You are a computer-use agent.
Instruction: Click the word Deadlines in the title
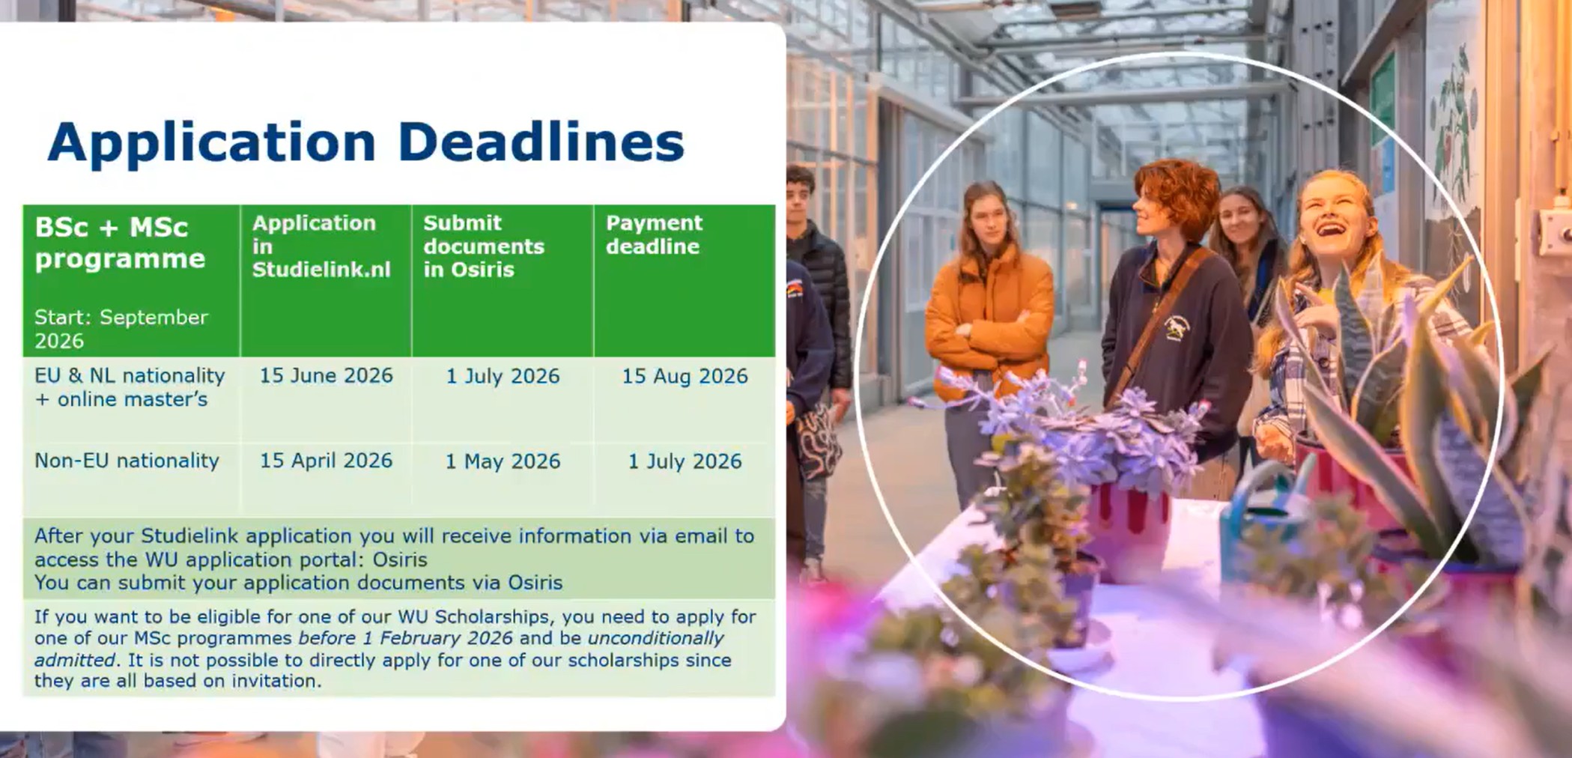541,142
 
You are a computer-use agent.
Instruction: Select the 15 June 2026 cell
326,375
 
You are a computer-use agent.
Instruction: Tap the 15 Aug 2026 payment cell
685,376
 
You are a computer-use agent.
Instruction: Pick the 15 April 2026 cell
326,461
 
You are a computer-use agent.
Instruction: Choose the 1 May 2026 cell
503,461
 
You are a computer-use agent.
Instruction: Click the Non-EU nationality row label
127,461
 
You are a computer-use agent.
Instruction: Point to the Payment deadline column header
654,234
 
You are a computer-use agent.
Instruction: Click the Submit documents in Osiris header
484,246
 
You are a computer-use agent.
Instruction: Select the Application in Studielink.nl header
321,246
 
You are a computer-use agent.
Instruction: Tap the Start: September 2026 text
121,329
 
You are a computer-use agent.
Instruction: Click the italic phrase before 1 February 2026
405,638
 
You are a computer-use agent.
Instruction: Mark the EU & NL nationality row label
130,375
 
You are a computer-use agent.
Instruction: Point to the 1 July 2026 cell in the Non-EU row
685,461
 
